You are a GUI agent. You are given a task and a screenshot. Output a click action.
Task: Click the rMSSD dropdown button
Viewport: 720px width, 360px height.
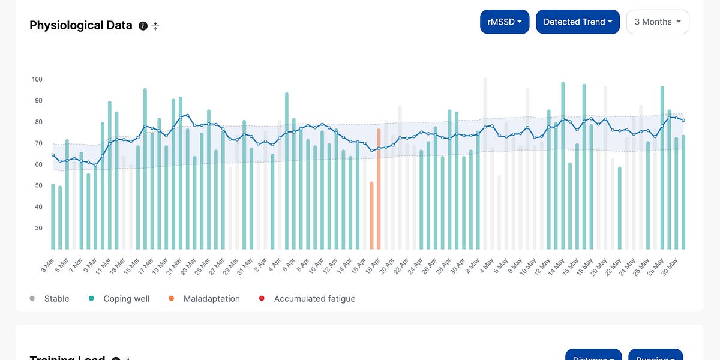tap(505, 22)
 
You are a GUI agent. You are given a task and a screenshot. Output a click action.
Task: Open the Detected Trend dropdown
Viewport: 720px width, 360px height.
tap(577, 22)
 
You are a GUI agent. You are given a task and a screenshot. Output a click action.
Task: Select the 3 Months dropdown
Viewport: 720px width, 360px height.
tap(658, 22)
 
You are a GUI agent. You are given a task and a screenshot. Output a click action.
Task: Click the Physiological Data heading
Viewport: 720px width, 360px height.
tap(81, 25)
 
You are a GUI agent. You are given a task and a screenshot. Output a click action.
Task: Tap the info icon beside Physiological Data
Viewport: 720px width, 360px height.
tap(143, 26)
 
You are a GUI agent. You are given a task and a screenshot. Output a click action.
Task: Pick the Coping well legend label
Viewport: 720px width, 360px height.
tap(126, 298)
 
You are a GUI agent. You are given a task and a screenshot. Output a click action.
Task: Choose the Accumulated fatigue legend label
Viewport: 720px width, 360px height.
tap(314, 298)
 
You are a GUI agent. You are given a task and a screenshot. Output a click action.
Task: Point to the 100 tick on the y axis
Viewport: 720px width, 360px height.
tap(37, 79)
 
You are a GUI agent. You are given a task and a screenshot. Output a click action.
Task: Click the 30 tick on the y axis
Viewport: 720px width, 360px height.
tap(38, 228)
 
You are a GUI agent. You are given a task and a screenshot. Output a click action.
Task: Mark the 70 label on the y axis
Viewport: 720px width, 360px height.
tap(38, 143)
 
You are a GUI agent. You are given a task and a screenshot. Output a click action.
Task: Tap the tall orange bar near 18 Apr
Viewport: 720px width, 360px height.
tap(379, 189)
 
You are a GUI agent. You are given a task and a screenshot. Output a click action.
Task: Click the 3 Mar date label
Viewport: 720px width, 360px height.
tap(47, 265)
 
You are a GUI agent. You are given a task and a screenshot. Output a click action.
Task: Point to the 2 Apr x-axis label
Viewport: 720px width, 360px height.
tap(261, 265)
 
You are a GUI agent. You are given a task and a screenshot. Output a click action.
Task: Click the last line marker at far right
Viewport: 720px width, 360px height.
tap(683, 121)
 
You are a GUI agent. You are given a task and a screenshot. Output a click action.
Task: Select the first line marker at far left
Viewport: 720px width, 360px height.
tap(53, 155)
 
